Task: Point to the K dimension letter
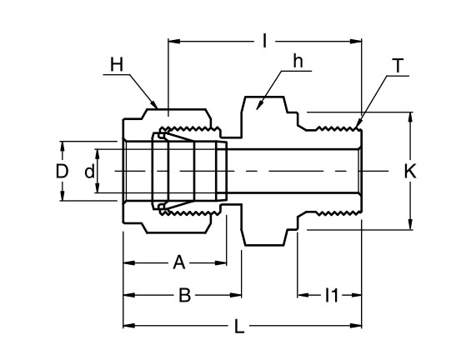pos(409,172)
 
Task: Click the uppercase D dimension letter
pos(61,172)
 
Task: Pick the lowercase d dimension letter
pos(89,172)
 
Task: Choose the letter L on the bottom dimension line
pos(239,327)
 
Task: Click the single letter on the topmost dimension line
pos(265,39)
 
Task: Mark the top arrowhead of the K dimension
pos(409,117)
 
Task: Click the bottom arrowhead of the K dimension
pos(409,225)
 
